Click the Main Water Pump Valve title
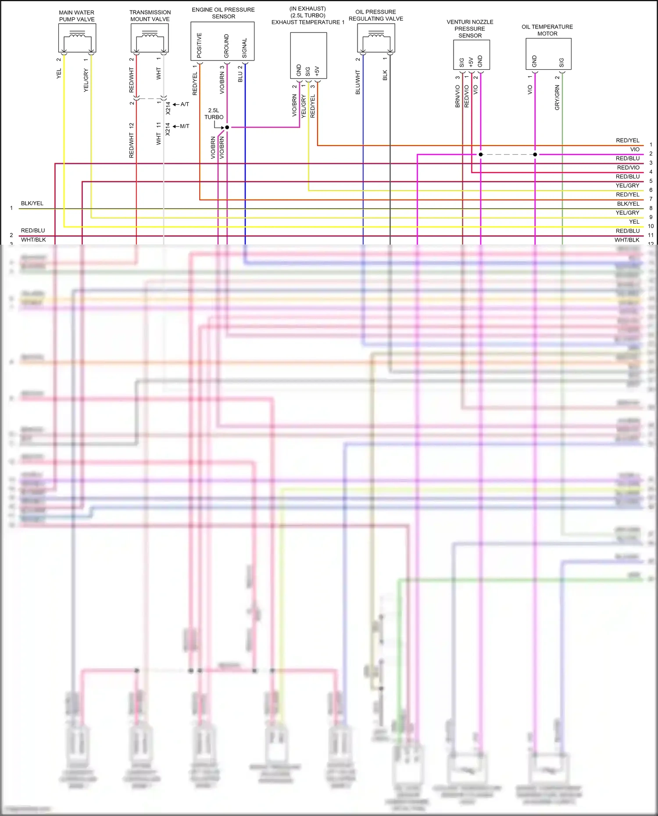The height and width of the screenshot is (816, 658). [x=77, y=16]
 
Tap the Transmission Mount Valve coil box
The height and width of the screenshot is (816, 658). [x=150, y=38]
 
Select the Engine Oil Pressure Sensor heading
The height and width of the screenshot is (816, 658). [x=223, y=13]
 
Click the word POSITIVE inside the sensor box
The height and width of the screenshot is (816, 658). [x=199, y=45]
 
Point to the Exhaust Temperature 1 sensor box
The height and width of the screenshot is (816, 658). [x=308, y=56]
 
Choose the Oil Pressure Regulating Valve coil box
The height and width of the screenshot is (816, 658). [x=376, y=38]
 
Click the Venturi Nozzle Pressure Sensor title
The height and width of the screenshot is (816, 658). [x=470, y=29]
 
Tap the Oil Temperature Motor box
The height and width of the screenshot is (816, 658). [x=548, y=54]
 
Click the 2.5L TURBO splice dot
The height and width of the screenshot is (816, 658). [x=227, y=127]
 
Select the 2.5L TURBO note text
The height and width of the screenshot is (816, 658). [x=214, y=114]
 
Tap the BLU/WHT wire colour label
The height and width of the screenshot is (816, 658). [x=358, y=82]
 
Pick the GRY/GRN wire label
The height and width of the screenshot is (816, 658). [x=557, y=98]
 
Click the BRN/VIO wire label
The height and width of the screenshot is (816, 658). [x=458, y=96]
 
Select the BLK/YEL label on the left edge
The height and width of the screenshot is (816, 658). [x=32, y=203]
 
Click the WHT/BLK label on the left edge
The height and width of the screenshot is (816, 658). [x=33, y=240]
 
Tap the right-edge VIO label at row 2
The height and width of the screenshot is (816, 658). [x=635, y=150]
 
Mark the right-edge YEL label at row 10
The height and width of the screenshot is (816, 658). [x=634, y=222]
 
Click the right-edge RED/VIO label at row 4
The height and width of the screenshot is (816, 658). [x=628, y=167]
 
